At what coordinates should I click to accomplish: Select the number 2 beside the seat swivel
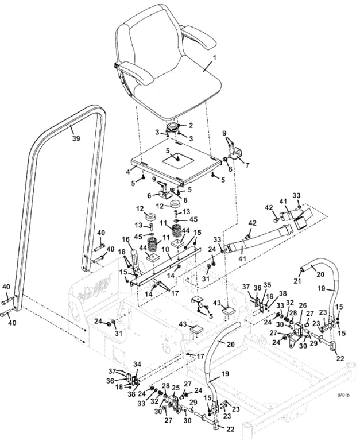[x=191, y=125]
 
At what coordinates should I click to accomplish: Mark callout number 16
[x=126, y=239]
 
